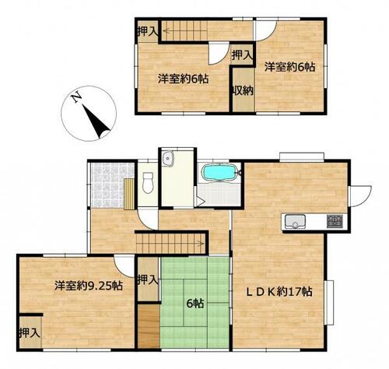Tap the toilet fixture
tap(148, 183)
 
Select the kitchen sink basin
tap(295, 221)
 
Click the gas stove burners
tap(335, 221)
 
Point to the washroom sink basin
tap(167, 158)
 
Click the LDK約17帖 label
tap(279, 292)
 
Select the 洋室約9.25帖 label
tap(89, 286)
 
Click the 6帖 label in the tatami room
tap(195, 304)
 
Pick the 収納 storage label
tap(243, 90)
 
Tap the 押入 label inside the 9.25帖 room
tap(30, 332)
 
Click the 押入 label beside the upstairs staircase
tap(147, 31)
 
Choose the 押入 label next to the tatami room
tap(148, 279)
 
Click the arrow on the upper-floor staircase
tap(184, 31)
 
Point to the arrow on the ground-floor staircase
tap(170, 244)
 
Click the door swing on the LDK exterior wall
tap(360, 196)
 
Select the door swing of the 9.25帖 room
tap(124, 266)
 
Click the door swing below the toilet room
tap(147, 220)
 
